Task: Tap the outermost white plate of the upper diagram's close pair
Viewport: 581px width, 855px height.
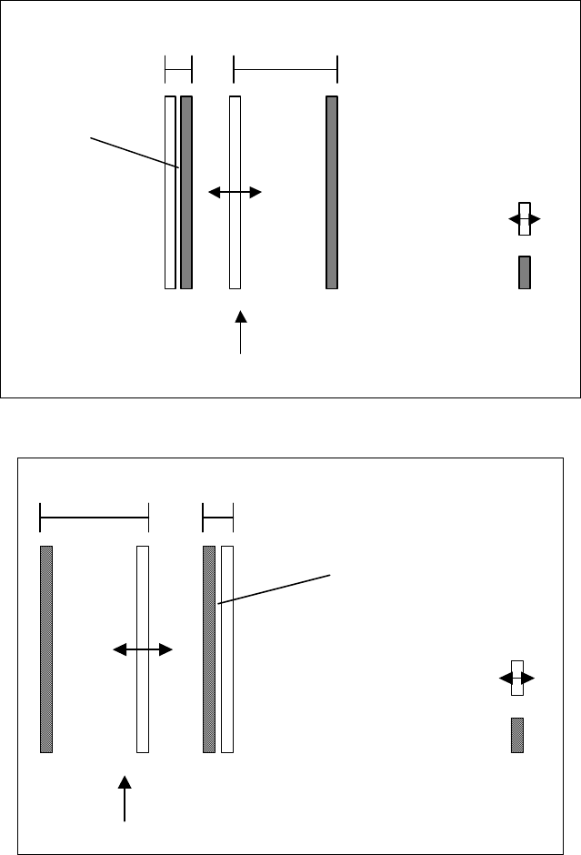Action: click(169, 192)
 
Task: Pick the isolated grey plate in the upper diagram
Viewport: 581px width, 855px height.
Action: click(332, 192)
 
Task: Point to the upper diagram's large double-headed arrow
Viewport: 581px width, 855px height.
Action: click(235, 193)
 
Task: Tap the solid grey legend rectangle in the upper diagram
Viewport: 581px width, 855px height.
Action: click(525, 272)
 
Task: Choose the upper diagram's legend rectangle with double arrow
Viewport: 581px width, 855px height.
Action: click(525, 220)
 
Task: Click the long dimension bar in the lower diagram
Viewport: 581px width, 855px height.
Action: click(95, 518)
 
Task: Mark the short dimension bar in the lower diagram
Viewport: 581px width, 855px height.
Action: click(218, 518)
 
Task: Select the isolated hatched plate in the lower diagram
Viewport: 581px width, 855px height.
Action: click(46, 649)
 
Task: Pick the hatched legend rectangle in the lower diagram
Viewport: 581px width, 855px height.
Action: click(517, 736)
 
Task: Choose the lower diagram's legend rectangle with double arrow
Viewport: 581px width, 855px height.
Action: click(517, 679)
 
